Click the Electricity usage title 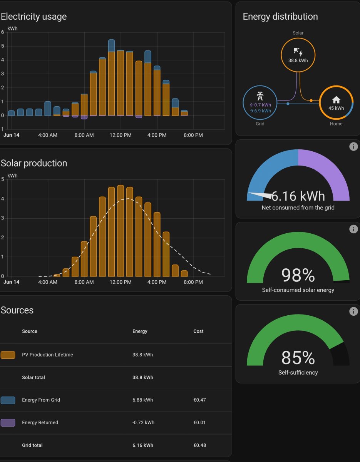[x=34, y=17]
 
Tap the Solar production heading [x=34, y=163]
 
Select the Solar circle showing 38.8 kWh [x=298, y=55]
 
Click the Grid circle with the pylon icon [x=260, y=103]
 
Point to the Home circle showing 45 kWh [x=336, y=103]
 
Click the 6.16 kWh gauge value [x=298, y=196]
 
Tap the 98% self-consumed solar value [x=298, y=275]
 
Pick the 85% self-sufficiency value [x=298, y=358]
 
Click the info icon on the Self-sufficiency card [x=353, y=311]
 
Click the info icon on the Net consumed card [x=353, y=147]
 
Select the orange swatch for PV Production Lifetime [x=8, y=355]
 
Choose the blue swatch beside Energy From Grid [x=8, y=400]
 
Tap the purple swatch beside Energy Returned [x=8, y=423]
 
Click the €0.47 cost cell [x=199, y=400]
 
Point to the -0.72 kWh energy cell [x=143, y=423]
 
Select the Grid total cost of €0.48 [x=199, y=445]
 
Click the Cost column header [x=198, y=331]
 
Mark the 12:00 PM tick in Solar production [x=121, y=282]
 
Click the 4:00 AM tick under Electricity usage [x=48, y=136]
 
